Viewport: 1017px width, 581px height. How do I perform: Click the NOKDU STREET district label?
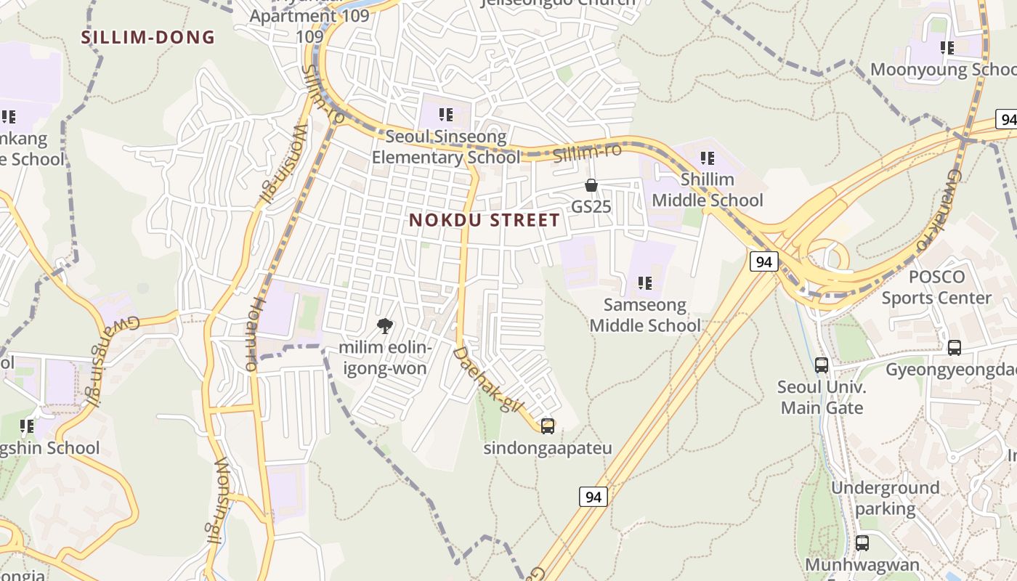pos(485,220)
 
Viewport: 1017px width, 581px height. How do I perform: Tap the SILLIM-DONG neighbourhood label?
pos(148,38)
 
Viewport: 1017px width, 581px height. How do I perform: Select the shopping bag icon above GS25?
pos(591,185)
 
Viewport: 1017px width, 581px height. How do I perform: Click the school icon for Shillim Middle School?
pos(708,158)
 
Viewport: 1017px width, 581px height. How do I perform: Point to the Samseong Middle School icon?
pos(645,283)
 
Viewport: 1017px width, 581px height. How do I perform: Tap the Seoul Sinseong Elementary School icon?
pos(446,115)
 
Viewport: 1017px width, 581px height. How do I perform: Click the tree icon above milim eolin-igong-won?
pos(385,326)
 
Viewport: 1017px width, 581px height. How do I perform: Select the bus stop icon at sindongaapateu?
pos(548,426)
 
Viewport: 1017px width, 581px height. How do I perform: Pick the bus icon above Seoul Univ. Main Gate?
pos(822,365)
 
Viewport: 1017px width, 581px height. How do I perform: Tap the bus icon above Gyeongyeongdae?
pos(955,348)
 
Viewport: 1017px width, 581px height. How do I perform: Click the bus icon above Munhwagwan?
pos(862,543)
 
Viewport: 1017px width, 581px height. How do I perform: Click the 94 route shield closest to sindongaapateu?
pos(593,497)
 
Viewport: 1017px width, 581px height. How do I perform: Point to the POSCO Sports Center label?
pos(936,288)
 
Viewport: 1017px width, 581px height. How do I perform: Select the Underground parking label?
pos(885,498)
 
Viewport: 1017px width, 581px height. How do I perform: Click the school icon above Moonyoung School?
pos(947,48)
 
